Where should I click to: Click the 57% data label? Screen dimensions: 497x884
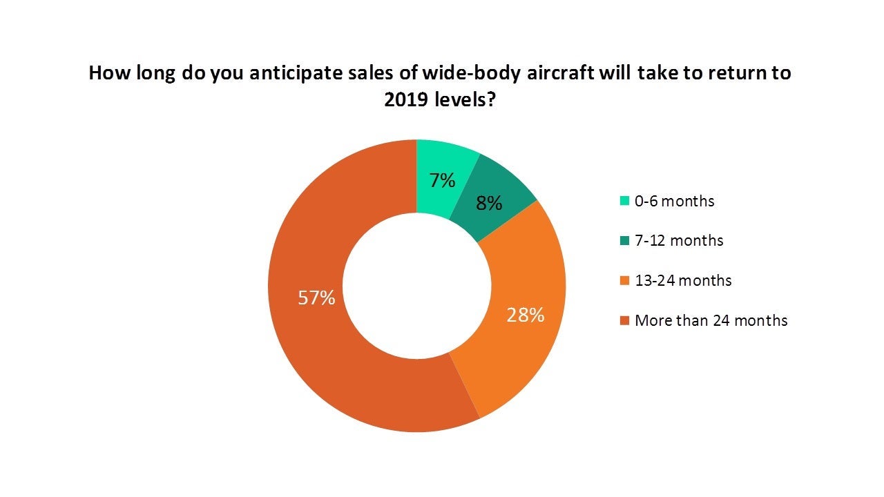316,298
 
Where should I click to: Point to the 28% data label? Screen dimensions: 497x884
526,315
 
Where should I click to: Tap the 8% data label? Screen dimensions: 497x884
488,204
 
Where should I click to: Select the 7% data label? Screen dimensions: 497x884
442,181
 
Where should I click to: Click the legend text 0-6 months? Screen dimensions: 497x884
674,201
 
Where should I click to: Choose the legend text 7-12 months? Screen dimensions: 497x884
679,240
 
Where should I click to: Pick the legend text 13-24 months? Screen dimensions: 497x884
682,280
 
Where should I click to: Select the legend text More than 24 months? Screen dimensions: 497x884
711,320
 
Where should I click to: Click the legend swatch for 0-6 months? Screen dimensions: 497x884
624,202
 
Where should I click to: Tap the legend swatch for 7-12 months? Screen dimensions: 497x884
624,241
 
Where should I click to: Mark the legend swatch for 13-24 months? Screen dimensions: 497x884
624,281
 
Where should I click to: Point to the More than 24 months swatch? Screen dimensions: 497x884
624,321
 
